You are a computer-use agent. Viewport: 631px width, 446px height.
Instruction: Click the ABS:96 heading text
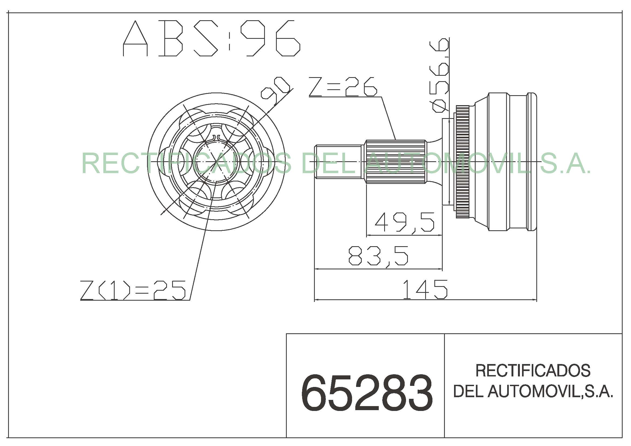[211, 39]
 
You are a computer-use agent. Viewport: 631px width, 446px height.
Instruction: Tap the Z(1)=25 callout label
[133, 290]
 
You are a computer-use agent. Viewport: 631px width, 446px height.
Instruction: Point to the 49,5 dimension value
[404, 222]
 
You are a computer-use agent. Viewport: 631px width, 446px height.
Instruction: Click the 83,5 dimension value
[378, 256]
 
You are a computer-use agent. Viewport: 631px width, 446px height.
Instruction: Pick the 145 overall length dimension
[425, 289]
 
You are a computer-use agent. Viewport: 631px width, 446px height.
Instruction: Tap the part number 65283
[367, 393]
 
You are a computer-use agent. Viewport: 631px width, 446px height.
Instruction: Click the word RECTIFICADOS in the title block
[533, 371]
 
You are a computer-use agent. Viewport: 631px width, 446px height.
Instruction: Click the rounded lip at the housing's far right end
[532, 162]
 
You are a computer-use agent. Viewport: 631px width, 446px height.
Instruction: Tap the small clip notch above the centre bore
[216, 137]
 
